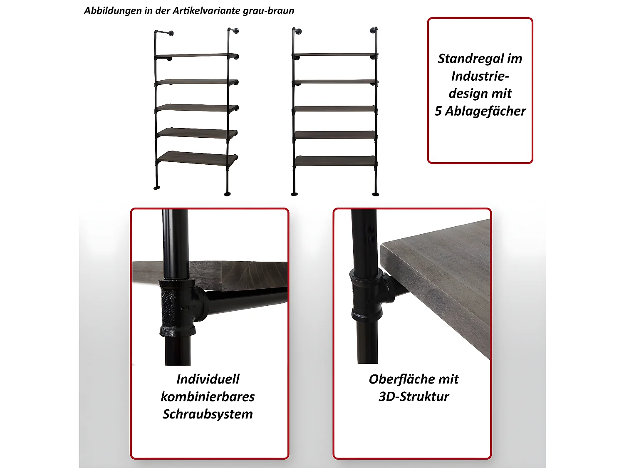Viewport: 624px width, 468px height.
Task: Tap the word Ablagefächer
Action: point(485,111)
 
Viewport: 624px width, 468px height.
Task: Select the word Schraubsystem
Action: point(208,414)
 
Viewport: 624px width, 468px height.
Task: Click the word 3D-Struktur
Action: point(414,397)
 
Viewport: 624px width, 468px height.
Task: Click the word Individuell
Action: point(208,379)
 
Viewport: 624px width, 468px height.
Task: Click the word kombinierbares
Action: point(208,397)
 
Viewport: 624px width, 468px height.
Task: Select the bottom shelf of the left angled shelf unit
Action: point(197,158)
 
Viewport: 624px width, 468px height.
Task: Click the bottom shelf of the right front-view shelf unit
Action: point(335,161)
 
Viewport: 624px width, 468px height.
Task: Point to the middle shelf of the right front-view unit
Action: point(335,109)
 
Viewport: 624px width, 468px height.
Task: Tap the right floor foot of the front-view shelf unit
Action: point(376,194)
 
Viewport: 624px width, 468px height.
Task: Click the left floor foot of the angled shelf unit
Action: point(157,188)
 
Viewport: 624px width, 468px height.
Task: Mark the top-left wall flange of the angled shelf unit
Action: point(171,34)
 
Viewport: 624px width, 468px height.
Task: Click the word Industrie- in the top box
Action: point(480,77)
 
